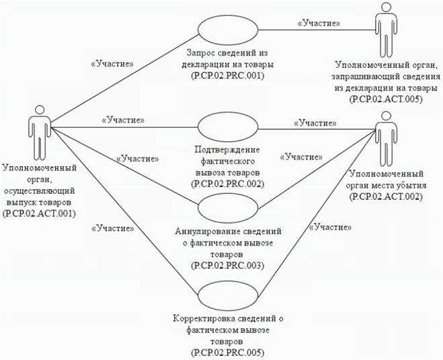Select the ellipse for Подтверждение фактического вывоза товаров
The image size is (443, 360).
click(x=226, y=126)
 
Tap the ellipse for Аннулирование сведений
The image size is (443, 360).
click(x=226, y=209)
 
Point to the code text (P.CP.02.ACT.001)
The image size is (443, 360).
click(x=38, y=213)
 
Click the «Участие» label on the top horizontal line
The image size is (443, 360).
click(x=318, y=23)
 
